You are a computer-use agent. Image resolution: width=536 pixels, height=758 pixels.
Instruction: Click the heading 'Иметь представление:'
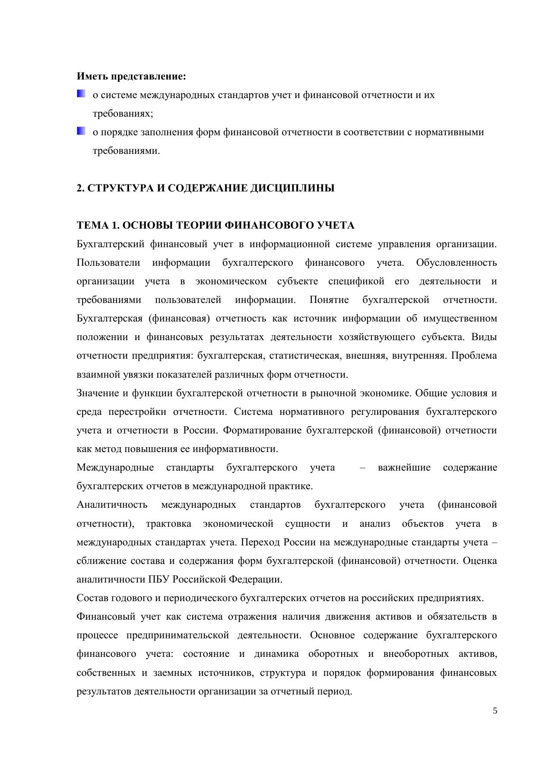tap(131, 76)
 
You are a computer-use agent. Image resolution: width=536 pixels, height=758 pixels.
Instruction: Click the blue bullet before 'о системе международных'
tap(81, 94)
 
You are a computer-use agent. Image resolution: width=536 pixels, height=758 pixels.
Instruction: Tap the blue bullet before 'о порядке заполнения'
tap(81, 131)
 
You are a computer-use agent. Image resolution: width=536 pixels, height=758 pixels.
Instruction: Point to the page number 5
tap(495, 711)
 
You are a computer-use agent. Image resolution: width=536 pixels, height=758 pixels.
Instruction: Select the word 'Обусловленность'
tap(456, 263)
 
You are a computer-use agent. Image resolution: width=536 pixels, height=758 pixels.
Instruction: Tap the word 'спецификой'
tap(356, 281)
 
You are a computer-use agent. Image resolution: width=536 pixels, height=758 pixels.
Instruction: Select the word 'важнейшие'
tap(404, 468)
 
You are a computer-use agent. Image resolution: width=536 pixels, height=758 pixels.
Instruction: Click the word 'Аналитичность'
tap(112, 505)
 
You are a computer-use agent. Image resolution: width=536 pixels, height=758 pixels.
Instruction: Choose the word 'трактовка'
tap(168, 524)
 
